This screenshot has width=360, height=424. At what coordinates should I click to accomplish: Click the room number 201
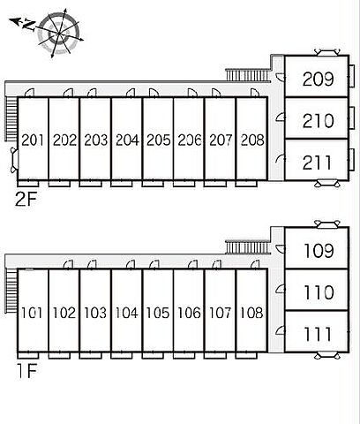(x=33, y=140)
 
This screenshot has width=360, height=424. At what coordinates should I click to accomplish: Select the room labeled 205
(x=159, y=140)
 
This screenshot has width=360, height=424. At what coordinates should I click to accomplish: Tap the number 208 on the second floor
(x=252, y=140)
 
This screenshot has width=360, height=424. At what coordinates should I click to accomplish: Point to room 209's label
(x=318, y=79)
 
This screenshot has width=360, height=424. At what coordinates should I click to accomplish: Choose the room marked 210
(x=318, y=121)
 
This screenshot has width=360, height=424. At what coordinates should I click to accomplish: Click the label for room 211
(x=317, y=163)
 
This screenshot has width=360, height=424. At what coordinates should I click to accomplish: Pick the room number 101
(x=32, y=313)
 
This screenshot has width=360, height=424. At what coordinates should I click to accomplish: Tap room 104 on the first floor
(x=126, y=313)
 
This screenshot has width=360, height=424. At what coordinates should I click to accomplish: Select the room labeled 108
(x=251, y=313)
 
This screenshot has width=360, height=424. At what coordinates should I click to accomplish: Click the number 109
(x=319, y=251)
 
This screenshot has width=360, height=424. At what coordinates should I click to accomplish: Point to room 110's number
(x=319, y=292)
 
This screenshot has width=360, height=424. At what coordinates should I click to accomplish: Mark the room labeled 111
(x=318, y=334)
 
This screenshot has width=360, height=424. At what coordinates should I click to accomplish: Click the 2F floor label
(x=26, y=201)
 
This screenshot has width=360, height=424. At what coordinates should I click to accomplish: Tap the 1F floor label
(x=27, y=371)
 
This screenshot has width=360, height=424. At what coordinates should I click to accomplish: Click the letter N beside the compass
(x=29, y=25)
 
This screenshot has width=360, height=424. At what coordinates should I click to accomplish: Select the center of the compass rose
(x=60, y=34)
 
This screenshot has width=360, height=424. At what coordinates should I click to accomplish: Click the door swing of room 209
(x=281, y=77)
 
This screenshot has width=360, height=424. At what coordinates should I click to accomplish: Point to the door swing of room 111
(x=281, y=330)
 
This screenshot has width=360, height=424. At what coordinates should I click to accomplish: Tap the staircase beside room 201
(x=11, y=118)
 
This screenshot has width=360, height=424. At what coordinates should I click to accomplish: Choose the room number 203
(x=95, y=140)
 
